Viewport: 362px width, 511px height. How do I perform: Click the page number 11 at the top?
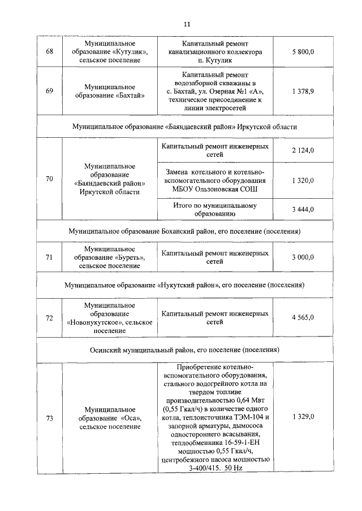[187, 24]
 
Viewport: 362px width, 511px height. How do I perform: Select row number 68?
[49, 52]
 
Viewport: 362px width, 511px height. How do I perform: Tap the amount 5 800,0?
[303, 52]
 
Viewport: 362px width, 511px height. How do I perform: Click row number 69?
[49, 91]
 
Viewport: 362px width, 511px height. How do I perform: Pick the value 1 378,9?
[303, 91]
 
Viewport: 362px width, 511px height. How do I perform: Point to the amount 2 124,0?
[303, 150]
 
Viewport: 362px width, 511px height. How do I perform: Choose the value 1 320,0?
[303, 180]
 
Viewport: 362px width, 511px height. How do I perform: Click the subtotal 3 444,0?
[303, 209]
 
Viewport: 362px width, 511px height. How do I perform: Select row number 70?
[49, 180]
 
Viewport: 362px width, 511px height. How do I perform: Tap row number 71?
[49, 257]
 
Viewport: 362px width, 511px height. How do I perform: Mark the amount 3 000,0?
[303, 257]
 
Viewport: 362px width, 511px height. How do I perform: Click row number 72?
[49, 318]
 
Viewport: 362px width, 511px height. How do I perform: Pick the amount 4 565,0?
[303, 318]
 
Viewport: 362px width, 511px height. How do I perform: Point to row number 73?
[49, 418]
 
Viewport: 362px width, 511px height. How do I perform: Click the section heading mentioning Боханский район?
[184, 232]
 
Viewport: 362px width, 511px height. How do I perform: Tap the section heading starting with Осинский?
[184, 350]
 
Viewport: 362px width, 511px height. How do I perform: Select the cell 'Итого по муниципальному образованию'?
[214, 209]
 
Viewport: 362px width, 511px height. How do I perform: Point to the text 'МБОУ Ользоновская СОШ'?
[214, 189]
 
